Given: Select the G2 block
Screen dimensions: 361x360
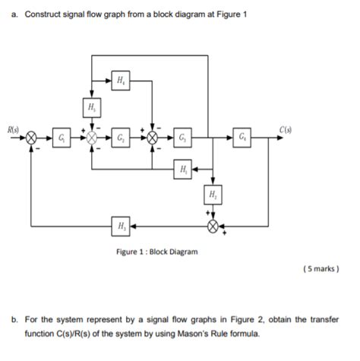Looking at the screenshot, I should (122, 138).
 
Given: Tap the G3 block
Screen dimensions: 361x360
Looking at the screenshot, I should (182, 138).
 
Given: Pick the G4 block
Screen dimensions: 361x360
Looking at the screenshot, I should (241, 138).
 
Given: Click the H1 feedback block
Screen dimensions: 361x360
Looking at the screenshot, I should (182, 168).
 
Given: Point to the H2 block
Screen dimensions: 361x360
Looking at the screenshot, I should (213, 195).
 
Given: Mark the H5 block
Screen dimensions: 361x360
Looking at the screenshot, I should (91, 108).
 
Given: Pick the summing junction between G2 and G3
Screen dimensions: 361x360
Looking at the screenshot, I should (152, 138).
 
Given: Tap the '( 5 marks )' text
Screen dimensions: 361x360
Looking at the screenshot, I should (319, 268).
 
